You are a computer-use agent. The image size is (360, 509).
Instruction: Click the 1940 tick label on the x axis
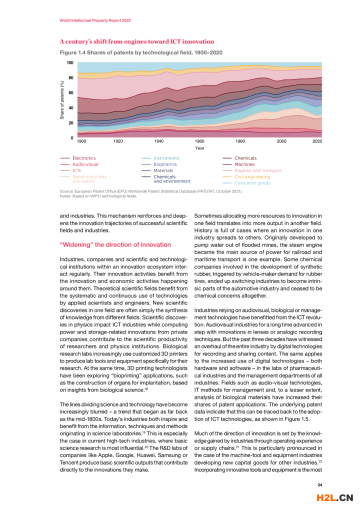point(158,141)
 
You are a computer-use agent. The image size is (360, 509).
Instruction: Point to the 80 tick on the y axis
point(71,78)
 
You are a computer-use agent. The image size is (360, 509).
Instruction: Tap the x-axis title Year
point(199,148)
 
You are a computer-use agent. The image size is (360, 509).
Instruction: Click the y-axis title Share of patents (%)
point(62,100)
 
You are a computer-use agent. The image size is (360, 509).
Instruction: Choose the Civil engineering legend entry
point(246,176)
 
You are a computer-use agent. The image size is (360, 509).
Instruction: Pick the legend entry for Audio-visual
point(79,164)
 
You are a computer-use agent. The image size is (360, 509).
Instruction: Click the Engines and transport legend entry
point(252,170)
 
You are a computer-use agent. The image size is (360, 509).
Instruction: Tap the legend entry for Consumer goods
point(246,183)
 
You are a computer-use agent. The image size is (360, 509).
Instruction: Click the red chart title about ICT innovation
point(137,41)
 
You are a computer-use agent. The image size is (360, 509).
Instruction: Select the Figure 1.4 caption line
point(141,52)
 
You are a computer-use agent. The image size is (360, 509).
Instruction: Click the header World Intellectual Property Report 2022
point(95,20)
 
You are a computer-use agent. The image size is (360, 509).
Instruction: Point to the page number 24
point(319,484)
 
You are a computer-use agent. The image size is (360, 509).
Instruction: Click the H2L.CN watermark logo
point(335,497)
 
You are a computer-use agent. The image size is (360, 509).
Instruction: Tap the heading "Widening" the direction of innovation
point(115,245)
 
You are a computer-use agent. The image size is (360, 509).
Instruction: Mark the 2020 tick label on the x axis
point(317,141)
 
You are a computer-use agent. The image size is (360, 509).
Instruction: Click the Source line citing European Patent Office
point(151,191)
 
